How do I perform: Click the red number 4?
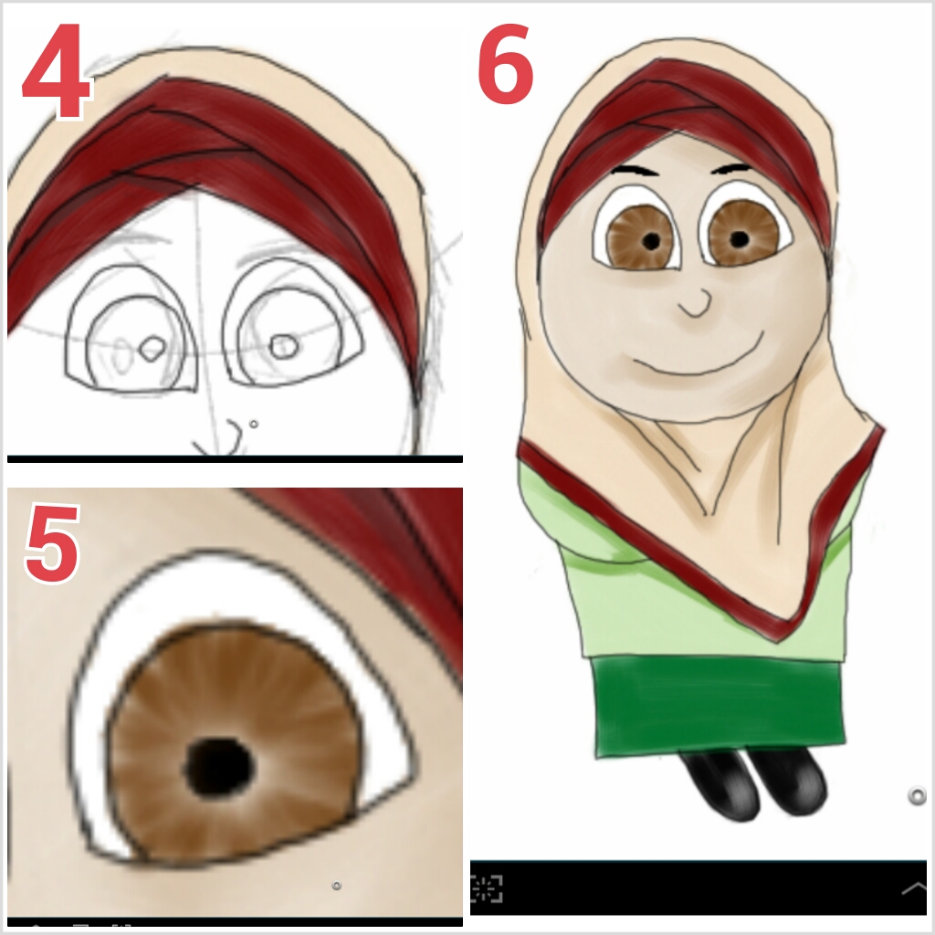coord(57,70)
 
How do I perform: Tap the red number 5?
coord(52,542)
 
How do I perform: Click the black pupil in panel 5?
coord(219,767)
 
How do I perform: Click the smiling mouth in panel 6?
coord(697,357)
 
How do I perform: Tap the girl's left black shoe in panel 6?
coord(721,783)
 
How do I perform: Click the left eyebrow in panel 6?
coord(635,171)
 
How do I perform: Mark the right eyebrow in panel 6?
coord(731,168)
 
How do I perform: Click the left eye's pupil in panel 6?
coord(651,241)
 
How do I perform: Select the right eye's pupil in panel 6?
coord(740,239)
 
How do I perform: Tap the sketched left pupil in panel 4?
coord(152,349)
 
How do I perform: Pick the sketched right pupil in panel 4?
coord(284,346)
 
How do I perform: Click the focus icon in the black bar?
coord(486,888)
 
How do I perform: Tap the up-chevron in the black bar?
coord(913,889)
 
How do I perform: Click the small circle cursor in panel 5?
coord(336,886)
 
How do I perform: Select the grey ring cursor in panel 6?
coord(917,796)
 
